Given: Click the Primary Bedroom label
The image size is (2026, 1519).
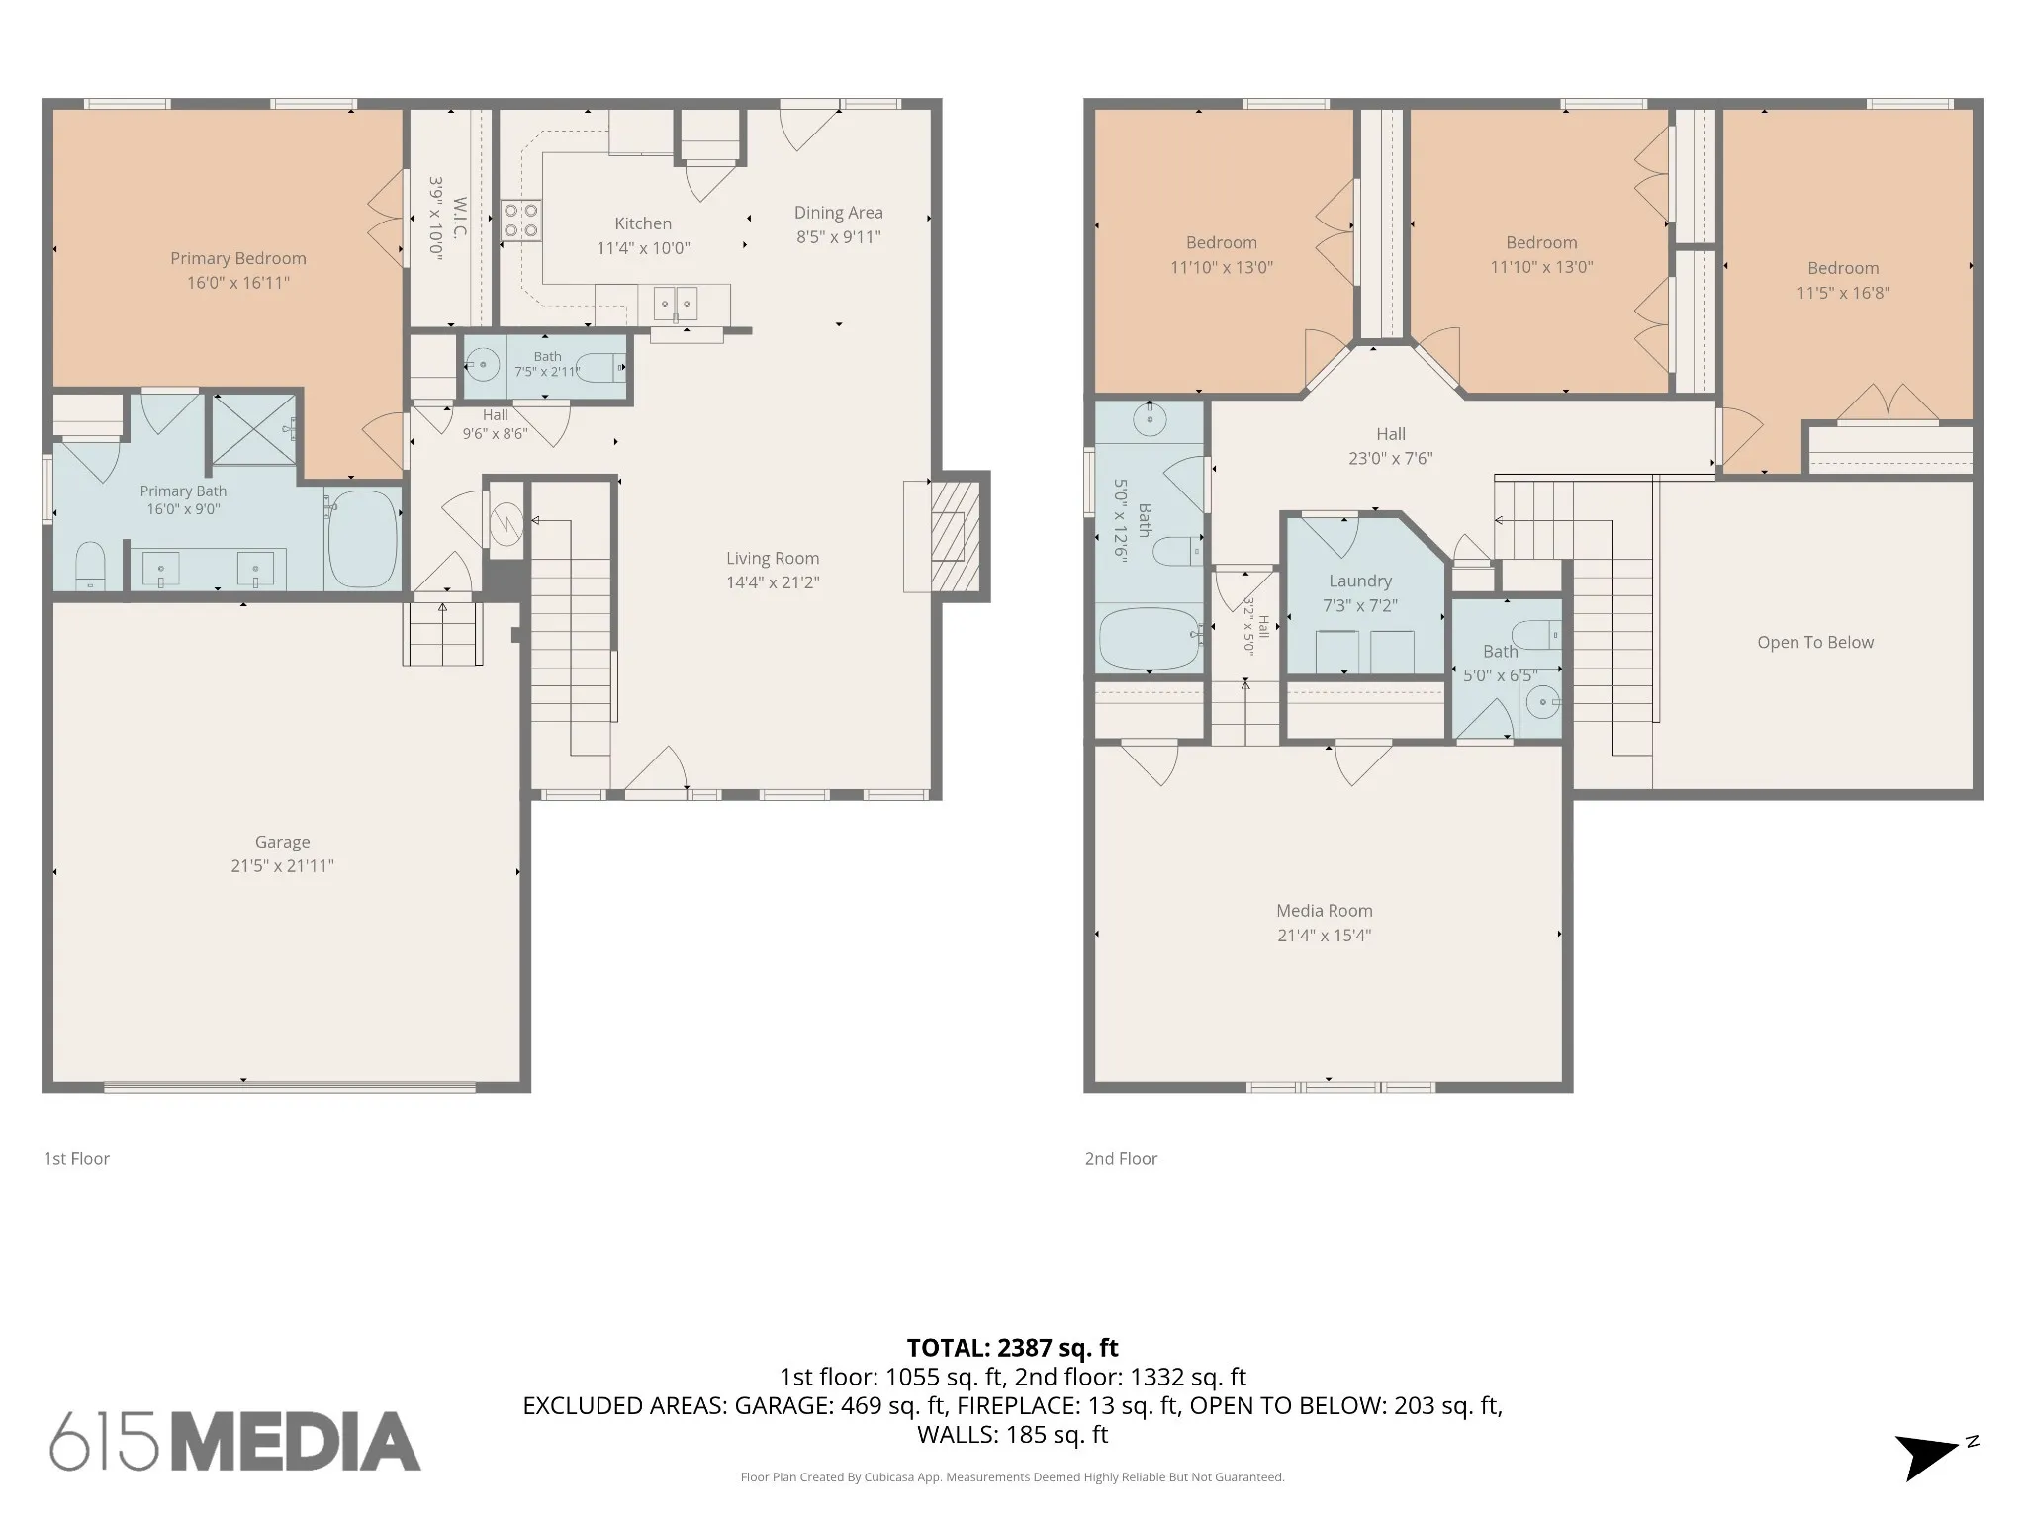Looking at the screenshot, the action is (238, 259).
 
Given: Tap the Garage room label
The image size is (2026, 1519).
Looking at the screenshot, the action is (283, 842).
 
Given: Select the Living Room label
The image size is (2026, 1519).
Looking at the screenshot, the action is (773, 558).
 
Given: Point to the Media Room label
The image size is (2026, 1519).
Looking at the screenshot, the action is (1325, 911).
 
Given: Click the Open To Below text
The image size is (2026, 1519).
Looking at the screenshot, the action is (1815, 643).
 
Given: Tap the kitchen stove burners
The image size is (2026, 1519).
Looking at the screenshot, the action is (520, 220).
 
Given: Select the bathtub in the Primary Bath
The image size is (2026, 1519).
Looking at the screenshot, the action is (362, 539).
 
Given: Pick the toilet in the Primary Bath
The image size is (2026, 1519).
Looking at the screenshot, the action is (90, 566).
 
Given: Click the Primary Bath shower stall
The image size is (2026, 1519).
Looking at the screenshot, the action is (254, 428).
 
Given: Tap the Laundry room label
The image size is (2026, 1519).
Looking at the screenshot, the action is (1360, 581).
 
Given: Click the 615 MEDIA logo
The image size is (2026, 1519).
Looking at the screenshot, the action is (235, 1441).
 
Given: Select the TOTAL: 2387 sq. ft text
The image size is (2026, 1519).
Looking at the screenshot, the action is (1013, 1348).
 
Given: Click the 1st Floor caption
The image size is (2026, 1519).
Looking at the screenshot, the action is (76, 1159).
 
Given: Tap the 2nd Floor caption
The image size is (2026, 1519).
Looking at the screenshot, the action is (1121, 1159).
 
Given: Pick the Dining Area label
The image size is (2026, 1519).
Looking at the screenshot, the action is (839, 213).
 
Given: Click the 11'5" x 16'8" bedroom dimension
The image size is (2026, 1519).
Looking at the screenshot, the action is (1843, 293).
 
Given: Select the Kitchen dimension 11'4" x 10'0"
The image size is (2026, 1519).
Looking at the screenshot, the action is (643, 248).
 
